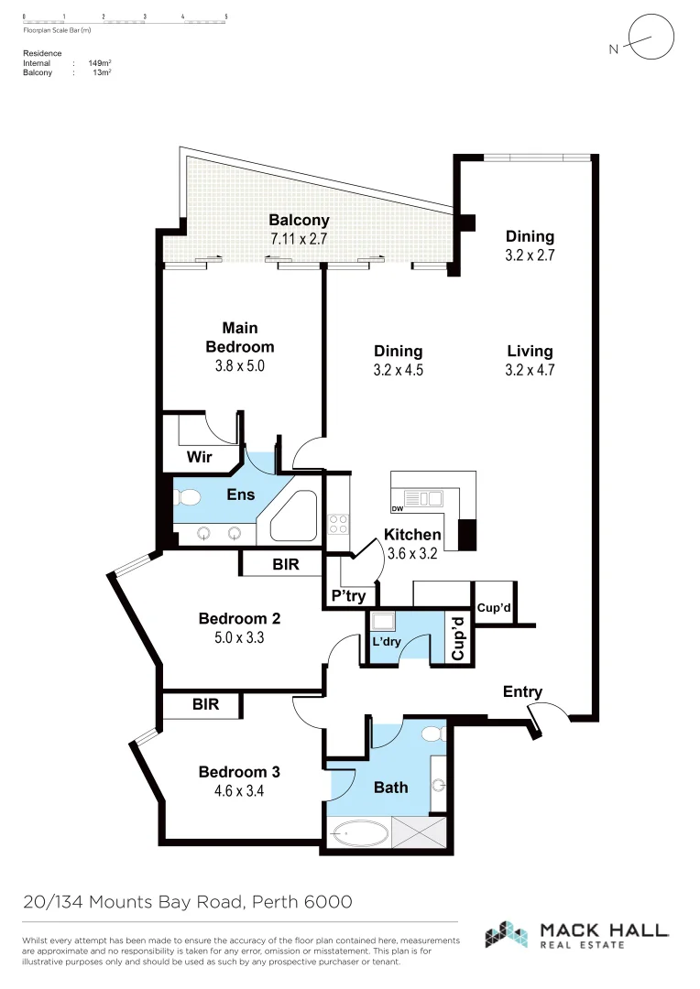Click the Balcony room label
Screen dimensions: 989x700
(299, 221)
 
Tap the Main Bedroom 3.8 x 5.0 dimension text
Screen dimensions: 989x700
(239, 366)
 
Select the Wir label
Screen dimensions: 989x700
(200, 456)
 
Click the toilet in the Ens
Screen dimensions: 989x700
(187, 497)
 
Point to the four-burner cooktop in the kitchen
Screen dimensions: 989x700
(337, 524)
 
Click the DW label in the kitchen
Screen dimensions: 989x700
(398, 509)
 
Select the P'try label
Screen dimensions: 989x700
(348, 596)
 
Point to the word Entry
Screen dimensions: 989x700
(522, 692)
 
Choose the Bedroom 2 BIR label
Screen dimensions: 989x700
(285, 566)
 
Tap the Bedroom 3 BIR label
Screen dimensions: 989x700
(204, 705)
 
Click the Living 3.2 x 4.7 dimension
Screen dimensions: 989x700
(530, 371)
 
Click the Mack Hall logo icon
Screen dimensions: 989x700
(508, 934)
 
